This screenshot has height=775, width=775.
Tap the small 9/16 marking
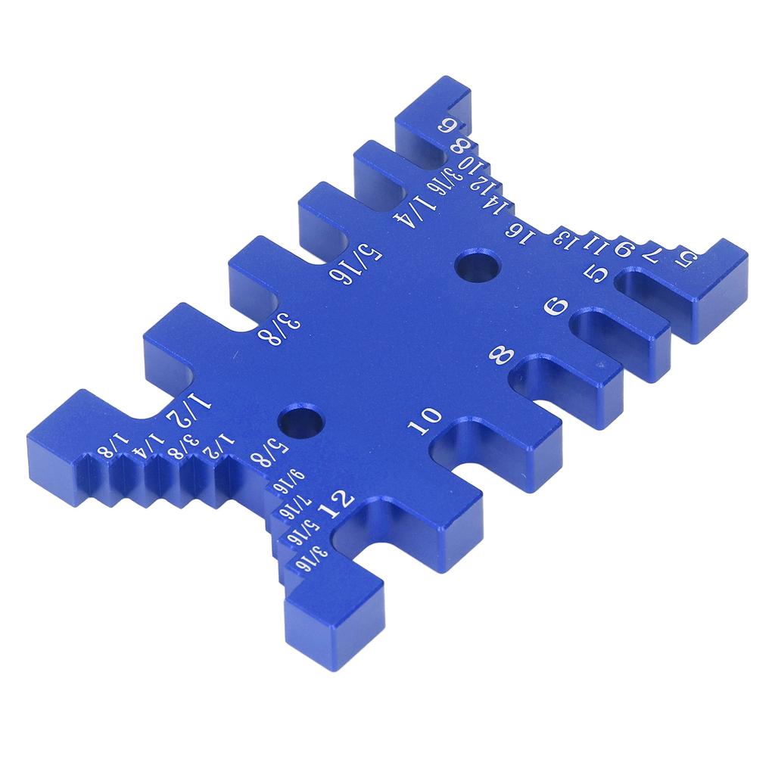pos(290,481)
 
